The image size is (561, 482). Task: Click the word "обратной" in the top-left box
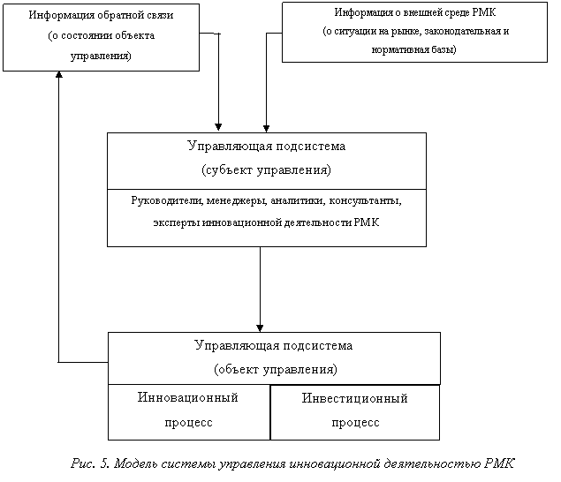tap(109, 15)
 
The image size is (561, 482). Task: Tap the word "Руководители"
tap(167, 200)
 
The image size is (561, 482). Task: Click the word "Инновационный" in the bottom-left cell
tap(188, 398)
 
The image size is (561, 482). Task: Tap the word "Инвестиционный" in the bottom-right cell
tap(354, 399)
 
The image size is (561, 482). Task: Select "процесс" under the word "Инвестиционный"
tap(355, 422)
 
